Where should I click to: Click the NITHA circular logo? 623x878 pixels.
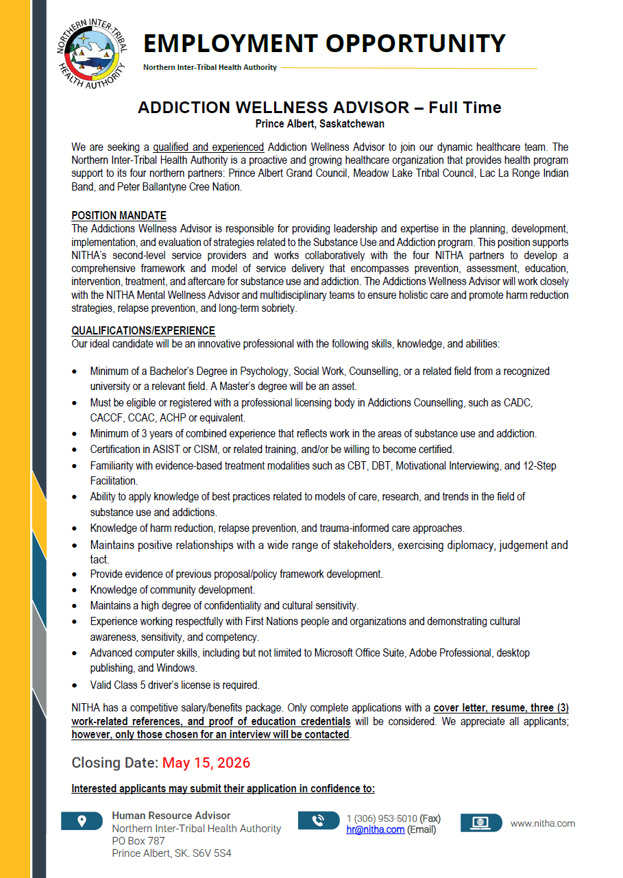coord(92,54)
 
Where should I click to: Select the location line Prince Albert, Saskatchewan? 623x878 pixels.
coord(320,124)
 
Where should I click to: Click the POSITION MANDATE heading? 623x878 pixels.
coord(119,215)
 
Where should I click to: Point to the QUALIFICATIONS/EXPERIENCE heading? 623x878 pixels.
coord(143,330)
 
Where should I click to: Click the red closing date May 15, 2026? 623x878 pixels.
coord(206,763)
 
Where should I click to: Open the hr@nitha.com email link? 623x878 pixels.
coord(375,829)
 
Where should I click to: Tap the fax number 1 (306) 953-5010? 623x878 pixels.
coord(382,818)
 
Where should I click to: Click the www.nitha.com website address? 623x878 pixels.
coord(543,823)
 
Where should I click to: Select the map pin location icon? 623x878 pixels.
coord(82,821)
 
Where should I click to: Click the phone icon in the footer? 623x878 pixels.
coord(319,820)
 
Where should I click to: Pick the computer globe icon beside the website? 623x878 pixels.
coord(481,822)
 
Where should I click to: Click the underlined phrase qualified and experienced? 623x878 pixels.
coord(208,147)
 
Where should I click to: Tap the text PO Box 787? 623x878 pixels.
coord(138,841)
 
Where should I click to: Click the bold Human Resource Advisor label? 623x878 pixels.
coord(171,816)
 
